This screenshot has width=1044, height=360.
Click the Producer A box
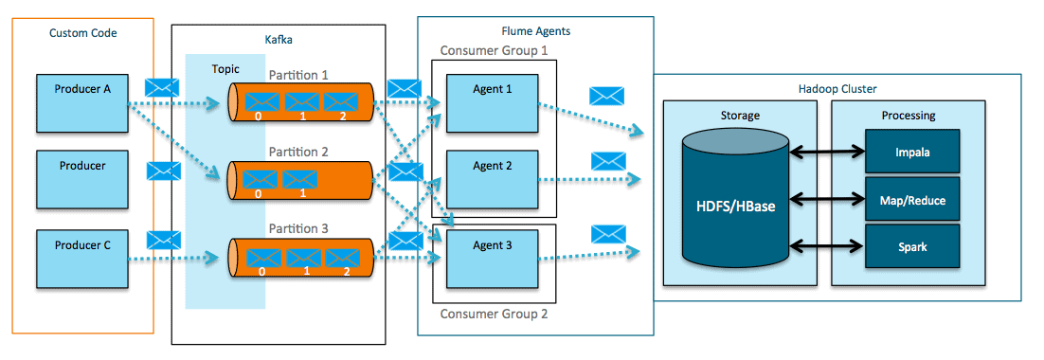point(81,102)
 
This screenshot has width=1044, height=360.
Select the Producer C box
point(81,258)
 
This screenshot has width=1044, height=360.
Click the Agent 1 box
point(492,102)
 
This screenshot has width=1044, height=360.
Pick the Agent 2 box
point(492,178)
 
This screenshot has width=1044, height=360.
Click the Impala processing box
point(910,152)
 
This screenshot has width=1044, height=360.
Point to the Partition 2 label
point(298,152)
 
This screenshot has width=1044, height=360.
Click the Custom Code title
point(83,33)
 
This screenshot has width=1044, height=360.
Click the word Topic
point(227,69)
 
